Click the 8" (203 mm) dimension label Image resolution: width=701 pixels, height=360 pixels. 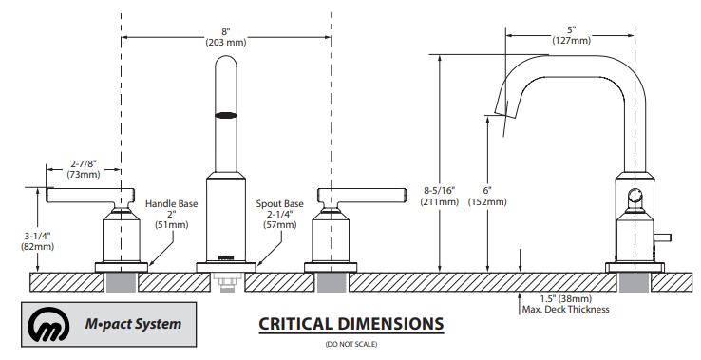click(226, 37)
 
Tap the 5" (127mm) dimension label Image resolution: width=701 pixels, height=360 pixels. click(572, 35)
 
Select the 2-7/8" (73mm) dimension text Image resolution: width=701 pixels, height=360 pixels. click(84, 168)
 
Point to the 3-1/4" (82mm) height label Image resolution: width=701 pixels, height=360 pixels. click(38, 240)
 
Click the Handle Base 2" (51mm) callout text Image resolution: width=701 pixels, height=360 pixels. click(172, 215)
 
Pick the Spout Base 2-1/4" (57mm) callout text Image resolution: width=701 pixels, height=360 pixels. click(280, 215)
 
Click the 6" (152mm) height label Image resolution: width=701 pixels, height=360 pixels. click(487, 197)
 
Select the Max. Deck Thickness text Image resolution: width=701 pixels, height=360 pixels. click(565, 309)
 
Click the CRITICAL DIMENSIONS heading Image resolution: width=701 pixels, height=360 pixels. click(350, 324)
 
